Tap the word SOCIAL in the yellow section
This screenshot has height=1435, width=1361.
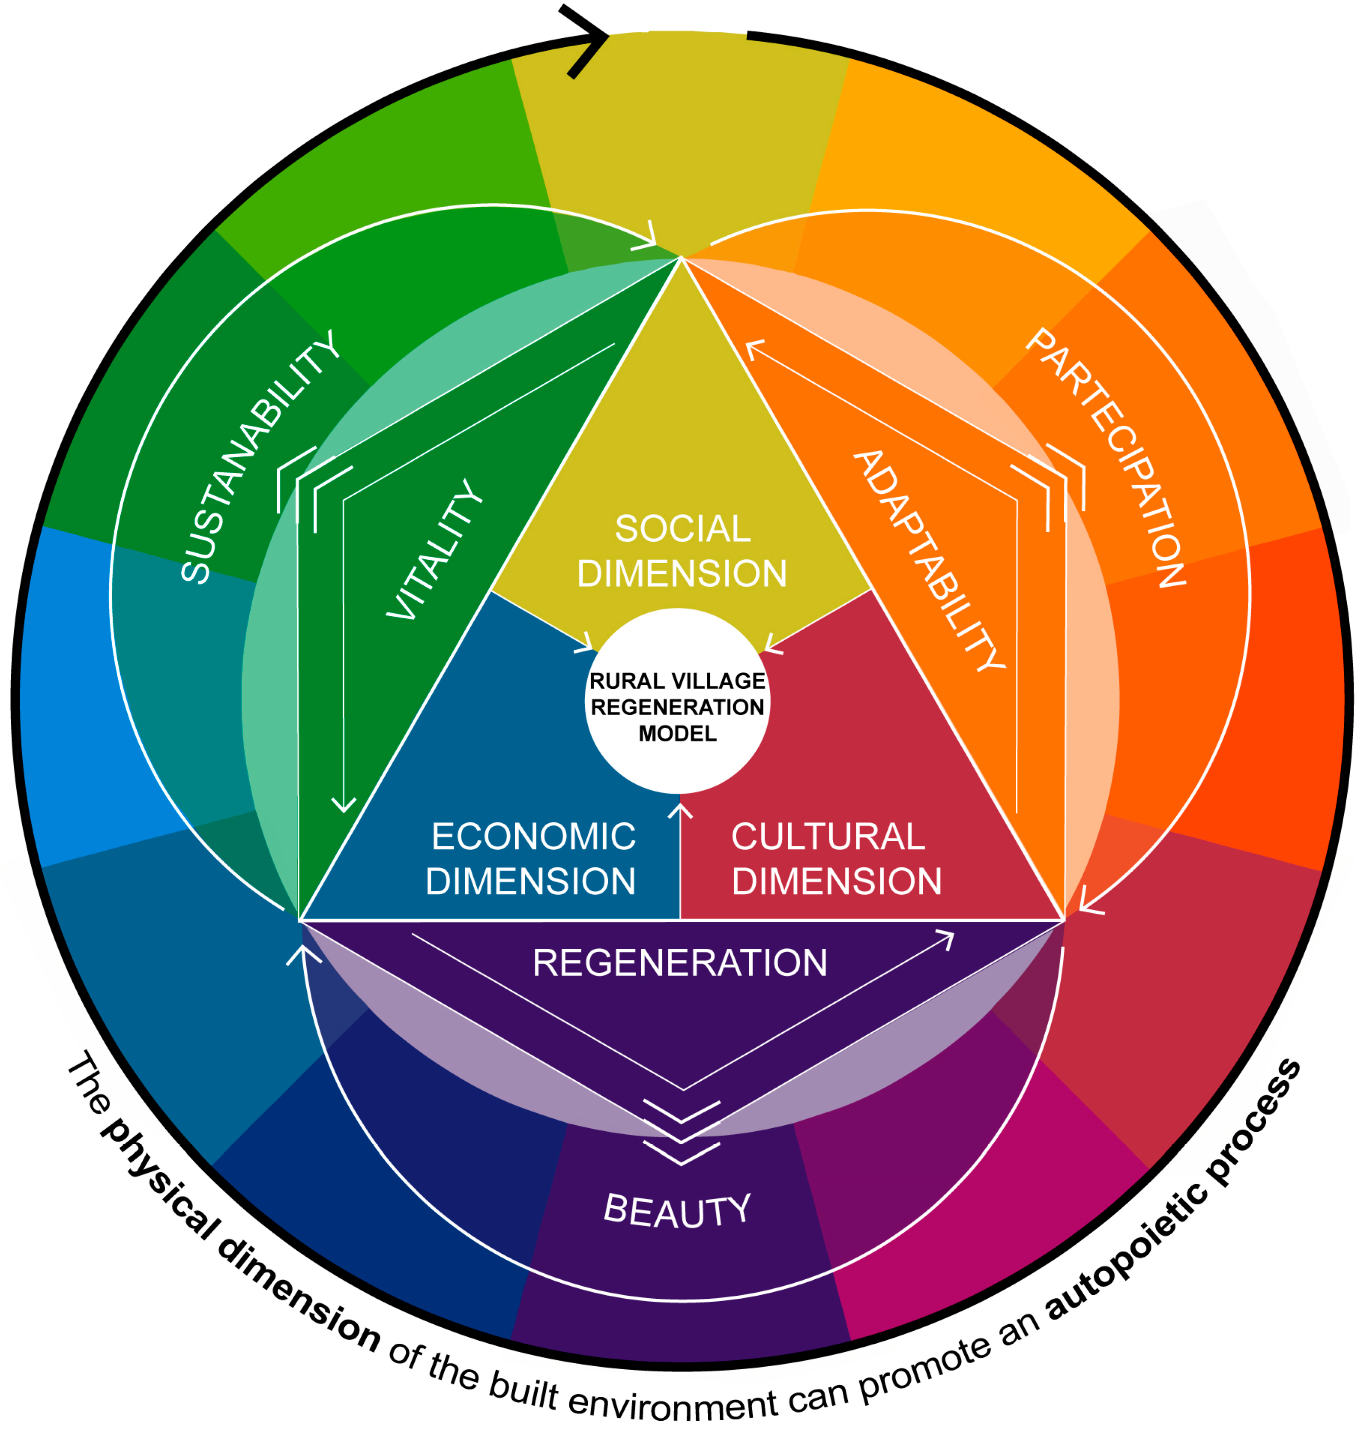682,529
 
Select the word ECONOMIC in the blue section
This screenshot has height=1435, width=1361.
534,837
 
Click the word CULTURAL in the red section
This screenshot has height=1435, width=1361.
828,837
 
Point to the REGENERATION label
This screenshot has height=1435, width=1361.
680,963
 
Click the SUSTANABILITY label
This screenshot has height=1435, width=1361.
259,457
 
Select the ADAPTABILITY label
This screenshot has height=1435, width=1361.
929,560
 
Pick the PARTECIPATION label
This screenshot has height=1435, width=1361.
1106,457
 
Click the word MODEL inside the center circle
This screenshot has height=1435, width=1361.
677,733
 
